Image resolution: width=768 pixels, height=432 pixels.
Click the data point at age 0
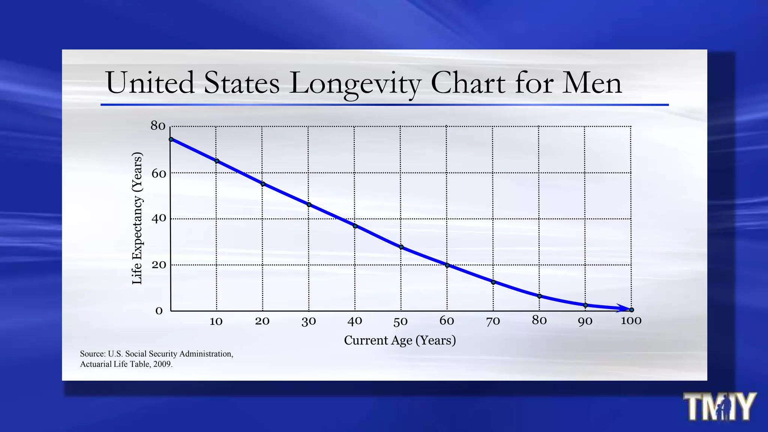(171, 139)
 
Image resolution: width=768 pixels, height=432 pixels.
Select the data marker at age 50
(401, 247)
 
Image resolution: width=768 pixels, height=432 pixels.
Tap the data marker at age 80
(540, 296)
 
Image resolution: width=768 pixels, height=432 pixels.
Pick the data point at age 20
(263, 184)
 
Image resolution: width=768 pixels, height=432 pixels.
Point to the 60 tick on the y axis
(158, 174)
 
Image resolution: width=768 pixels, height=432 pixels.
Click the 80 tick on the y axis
(158, 126)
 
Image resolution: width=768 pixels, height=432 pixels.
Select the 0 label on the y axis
(159, 311)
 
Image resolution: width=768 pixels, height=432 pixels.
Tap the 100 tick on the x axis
(631, 321)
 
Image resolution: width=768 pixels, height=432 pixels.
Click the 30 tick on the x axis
(309, 321)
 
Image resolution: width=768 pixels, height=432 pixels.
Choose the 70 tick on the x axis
(493, 321)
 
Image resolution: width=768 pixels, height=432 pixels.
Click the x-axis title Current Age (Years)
(400, 340)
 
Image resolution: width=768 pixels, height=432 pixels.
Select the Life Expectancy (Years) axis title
(137, 218)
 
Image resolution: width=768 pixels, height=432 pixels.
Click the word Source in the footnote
(92, 354)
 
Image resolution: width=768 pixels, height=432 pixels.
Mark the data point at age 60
(447, 265)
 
